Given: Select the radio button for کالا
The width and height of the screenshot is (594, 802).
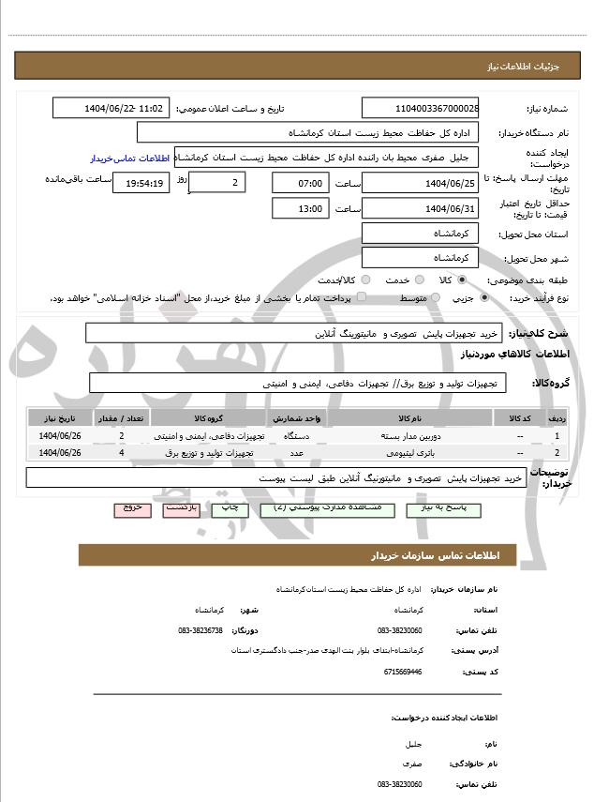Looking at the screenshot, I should (x=462, y=280).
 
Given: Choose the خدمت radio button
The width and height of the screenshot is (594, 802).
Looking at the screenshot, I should (x=417, y=280).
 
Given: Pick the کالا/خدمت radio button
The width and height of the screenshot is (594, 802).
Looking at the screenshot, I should (x=364, y=280).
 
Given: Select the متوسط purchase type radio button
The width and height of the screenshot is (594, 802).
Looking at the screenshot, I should (x=435, y=297).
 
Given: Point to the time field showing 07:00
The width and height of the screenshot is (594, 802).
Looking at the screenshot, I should (x=300, y=182).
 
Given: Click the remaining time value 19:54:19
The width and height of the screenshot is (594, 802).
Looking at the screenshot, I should (x=141, y=183).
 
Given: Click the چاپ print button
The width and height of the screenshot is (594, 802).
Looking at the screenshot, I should (x=230, y=507).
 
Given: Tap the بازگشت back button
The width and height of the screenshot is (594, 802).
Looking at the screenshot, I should (x=181, y=507).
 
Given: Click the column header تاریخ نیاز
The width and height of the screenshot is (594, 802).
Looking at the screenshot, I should (x=61, y=417).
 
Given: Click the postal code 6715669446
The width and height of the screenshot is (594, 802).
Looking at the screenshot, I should (x=403, y=672).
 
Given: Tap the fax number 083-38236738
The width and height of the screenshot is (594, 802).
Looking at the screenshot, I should (x=200, y=630).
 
